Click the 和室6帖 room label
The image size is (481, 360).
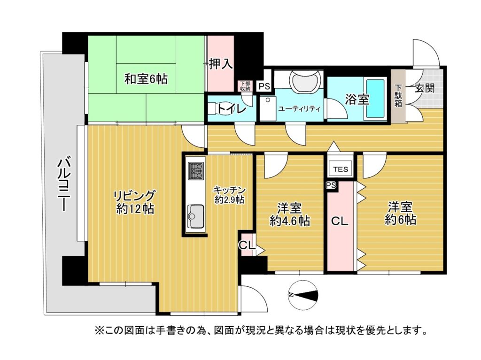(x=146, y=79)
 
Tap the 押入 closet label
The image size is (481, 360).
(x=221, y=64)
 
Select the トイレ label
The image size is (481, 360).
(x=232, y=108)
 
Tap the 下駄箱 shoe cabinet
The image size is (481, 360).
(x=398, y=95)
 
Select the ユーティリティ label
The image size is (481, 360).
(x=299, y=108)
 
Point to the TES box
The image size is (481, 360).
(x=341, y=169)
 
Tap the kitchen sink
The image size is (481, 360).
(x=196, y=216)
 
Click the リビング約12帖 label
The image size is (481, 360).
(x=135, y=202)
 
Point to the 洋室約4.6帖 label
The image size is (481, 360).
(x=289, y=214)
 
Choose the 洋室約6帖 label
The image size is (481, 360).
(x=400, y=214)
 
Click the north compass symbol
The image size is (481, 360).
(x=303, y=295)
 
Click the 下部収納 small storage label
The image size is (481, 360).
(x=245, y=86)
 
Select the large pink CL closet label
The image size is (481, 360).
(x=340, y=221)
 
